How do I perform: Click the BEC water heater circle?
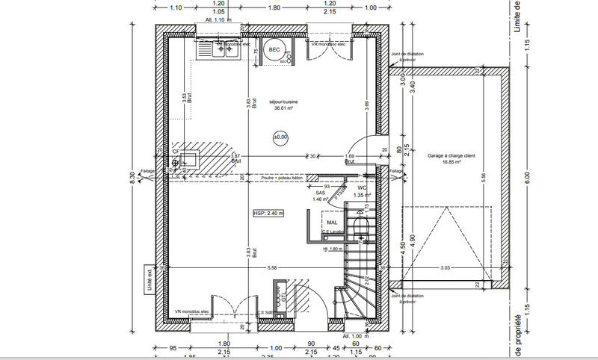click(274, 49)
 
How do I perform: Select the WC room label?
click(372, 188)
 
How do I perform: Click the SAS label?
click(321, 193)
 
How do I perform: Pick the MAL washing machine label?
click(332, 222)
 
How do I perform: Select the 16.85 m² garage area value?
click(450, 162)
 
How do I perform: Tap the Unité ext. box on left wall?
click(148, 279)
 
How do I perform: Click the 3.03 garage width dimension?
click(445, 267)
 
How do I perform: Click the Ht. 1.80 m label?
click(333, 249)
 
